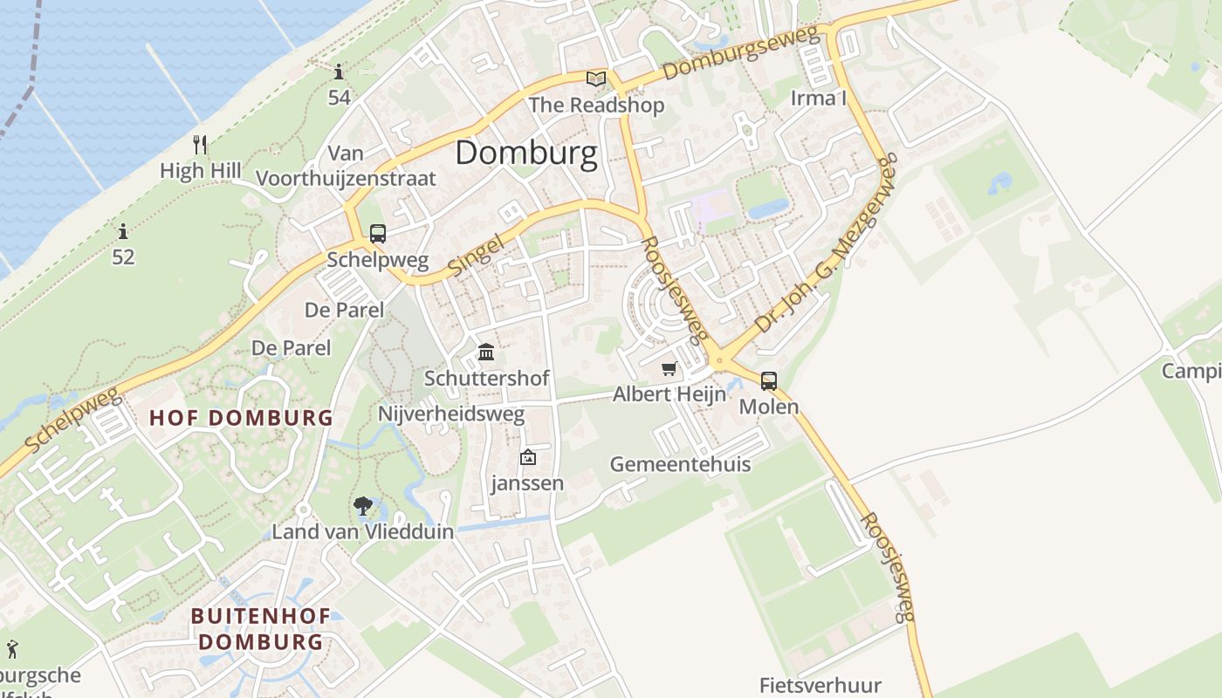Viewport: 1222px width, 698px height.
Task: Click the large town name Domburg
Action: (526, 154)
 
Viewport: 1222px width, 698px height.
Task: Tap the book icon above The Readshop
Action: (596, 79)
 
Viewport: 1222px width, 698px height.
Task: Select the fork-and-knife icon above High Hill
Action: (201, 144)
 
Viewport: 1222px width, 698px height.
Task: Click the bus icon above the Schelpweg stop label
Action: (377, 234)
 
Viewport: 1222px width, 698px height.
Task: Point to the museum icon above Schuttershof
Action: (486, 352)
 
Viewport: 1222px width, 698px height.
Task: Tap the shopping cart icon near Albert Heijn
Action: (669, 369)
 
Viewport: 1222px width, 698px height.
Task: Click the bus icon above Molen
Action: (769, 380)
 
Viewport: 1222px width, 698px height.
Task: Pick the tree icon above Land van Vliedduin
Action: (362, 505)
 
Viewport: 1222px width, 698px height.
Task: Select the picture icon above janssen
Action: (527, 457)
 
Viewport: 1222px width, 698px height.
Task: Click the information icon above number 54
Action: (340, 72)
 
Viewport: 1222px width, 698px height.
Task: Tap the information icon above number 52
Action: (123, 232)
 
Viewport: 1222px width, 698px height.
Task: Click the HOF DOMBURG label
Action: (241, 418)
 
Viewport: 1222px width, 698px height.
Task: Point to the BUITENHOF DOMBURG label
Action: (260, 629)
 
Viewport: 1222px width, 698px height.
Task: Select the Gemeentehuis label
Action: (680, 464)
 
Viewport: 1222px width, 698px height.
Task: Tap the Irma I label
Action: (818, 98)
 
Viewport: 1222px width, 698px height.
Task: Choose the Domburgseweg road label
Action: (741, 53)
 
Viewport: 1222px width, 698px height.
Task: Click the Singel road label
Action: (477, 255)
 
